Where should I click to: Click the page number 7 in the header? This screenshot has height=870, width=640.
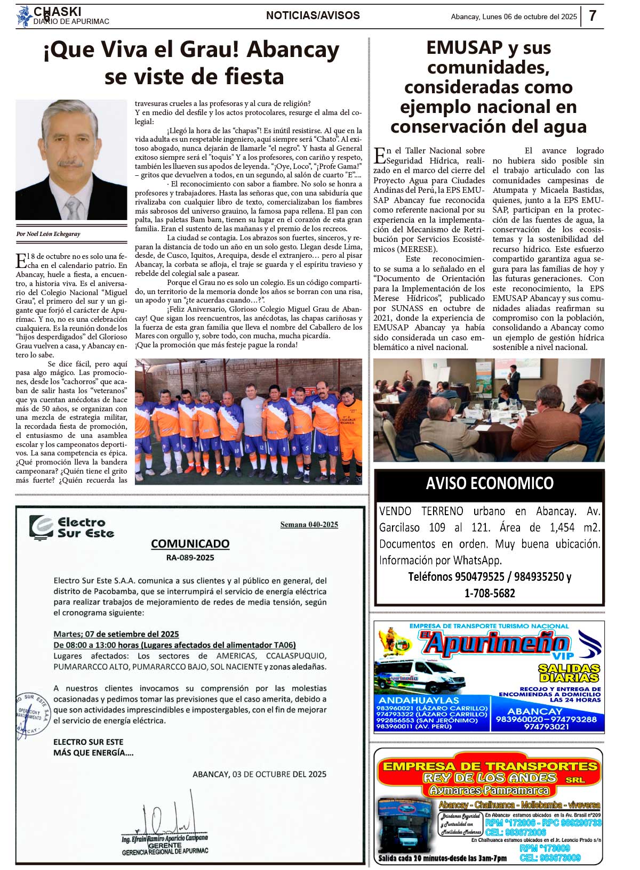pos(592,16)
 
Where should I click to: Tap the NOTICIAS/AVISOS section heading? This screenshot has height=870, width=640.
pos(313,15)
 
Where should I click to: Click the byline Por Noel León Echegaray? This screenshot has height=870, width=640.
pos(48,234)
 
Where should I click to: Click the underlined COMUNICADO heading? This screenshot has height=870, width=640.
pos(190,543)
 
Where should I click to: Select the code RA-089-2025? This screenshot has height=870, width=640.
pos(190,557)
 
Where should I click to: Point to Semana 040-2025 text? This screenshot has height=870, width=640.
pos(309,525)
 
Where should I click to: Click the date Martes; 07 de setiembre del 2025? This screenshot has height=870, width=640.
pos(116,634)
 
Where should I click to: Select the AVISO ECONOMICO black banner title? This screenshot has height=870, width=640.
pos(489,484)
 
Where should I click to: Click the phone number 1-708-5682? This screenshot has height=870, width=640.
pos(489,593)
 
